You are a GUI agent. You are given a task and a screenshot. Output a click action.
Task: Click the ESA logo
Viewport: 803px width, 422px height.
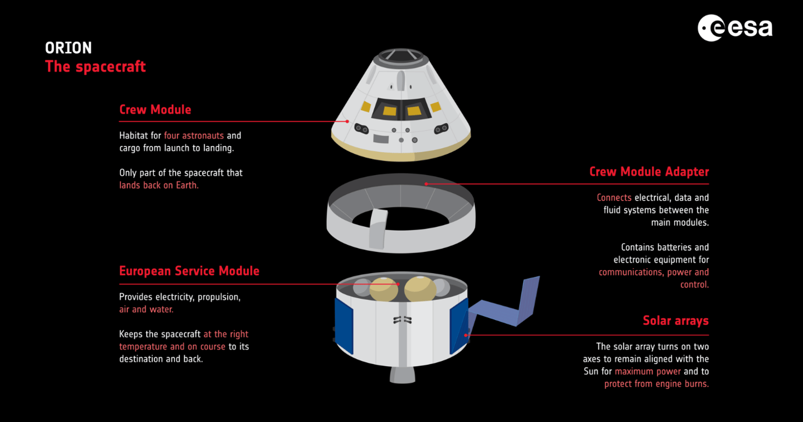pyautogui.click(x=734, y=27)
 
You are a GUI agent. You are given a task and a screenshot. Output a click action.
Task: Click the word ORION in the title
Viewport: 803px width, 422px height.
pyautogui.click(x=69, y=48)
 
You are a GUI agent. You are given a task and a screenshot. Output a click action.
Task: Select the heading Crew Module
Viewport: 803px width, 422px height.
pyautogui.click(x=155, y=109)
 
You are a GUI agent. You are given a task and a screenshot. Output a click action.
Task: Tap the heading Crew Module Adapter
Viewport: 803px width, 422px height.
pyautogui.click(x=649, y=171)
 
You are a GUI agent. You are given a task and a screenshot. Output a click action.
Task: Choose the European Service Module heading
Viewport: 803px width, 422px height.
pyautogui.click(x=189, y=271)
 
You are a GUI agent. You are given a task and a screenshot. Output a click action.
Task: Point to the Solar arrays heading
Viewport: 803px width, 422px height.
pyautogui.click(x=675, y=321)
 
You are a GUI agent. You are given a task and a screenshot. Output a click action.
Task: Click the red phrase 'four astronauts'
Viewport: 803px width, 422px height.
pyautogui.click(x=194, y=135)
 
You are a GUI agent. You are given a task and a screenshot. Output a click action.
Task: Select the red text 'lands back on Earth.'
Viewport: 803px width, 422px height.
pyautogui.click(x=159, y=185)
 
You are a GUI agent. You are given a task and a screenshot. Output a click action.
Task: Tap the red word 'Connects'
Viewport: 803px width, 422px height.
pyautogui.click(x=614, y=197)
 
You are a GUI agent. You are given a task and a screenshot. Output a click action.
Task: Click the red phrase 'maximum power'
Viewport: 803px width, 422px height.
pyautogui.click(x=648, y=371)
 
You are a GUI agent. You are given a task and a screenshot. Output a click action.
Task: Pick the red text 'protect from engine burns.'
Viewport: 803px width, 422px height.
pyautogui.click(x=656, y=384)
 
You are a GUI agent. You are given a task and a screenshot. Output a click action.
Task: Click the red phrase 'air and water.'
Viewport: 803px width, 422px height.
pyautogui.click(x=146, y=309)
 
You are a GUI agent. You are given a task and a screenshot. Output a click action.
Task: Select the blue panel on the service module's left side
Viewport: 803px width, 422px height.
pyautogui.click(x=344, y=326)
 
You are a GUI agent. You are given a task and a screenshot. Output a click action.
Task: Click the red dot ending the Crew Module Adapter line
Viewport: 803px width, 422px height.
pyautogui.click(x=426, y=183)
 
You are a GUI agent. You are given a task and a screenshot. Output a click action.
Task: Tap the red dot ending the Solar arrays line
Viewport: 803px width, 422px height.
pyautogui.click(x=467, y=335)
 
